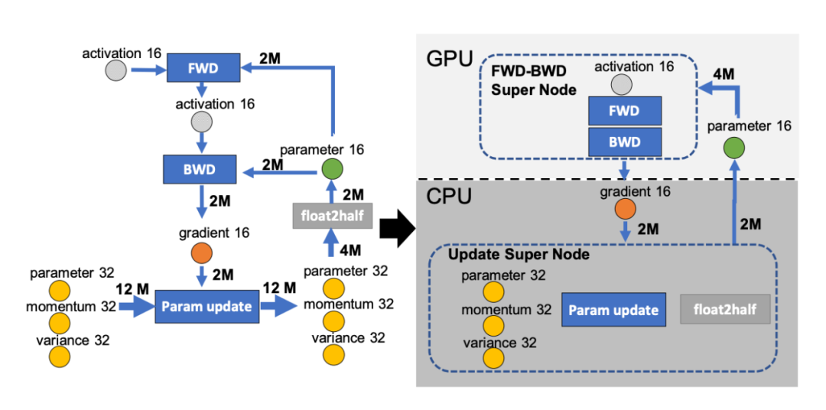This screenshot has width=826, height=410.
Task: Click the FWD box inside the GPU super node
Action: pyautogui.click(x=624, y=112)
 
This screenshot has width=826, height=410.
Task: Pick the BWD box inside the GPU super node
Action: pyautogui.click(x=624, y=142)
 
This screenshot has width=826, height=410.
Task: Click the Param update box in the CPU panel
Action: pyautogui.click(x=614, y=310)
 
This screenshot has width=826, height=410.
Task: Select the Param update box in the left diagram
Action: pyautogui.click(x=206, y=307)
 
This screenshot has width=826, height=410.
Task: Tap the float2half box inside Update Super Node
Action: pyautogui.click(x=724, y=310)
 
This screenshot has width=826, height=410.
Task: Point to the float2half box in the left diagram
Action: pyautogui.click(x=332, y=217)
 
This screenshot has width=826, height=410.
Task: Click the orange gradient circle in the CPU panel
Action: pyautogui.click(x=624, y=209)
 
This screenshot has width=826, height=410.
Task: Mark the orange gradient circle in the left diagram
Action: pyautogui.click(x=202, y=251)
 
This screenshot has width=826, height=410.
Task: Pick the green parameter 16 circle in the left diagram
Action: pyautogui.click(x=332, y=169)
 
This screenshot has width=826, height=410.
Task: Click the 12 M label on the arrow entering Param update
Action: pyautogui.click(x=132, y=288)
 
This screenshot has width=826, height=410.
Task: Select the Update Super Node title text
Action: pyautogui.click(x=519, y=255)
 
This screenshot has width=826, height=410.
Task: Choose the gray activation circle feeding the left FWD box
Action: pyautogui.click(x=116, y=71)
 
